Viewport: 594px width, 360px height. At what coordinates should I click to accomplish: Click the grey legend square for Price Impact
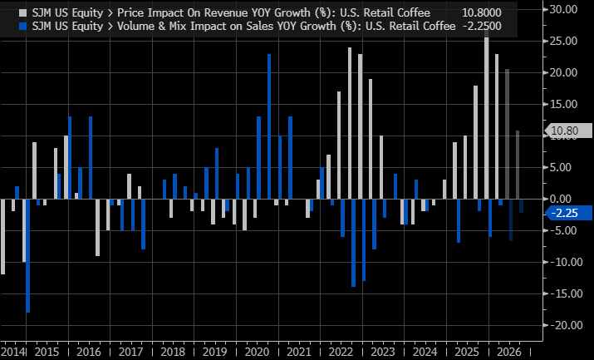tap(7, 10)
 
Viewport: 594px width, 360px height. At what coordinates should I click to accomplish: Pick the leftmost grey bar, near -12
tap(2, 236)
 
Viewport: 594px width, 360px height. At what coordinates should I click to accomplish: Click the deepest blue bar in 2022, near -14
tap(353, 243)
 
